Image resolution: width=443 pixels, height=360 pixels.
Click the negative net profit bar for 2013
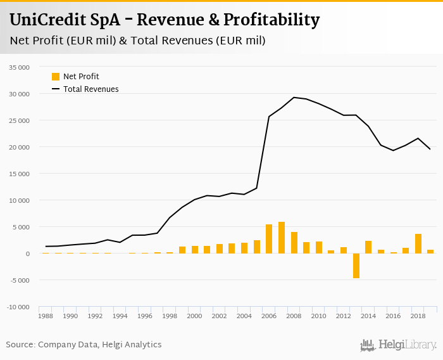356,266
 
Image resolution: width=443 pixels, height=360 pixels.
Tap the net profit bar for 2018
418,243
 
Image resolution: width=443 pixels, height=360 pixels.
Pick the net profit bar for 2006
269,239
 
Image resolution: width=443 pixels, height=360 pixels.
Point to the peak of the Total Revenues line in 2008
294,98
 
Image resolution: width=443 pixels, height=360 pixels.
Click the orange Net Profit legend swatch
56,77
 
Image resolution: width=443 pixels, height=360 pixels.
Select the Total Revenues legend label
90,89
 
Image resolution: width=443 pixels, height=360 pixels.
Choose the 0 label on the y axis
27,254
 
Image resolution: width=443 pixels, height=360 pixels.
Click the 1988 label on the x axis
46,316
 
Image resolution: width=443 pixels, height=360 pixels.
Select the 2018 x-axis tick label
418,316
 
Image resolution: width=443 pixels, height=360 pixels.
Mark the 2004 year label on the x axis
244,316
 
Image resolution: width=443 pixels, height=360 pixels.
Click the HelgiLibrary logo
399,345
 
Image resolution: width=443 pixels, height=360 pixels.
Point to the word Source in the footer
20,345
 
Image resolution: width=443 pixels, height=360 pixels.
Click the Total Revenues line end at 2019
430,149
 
